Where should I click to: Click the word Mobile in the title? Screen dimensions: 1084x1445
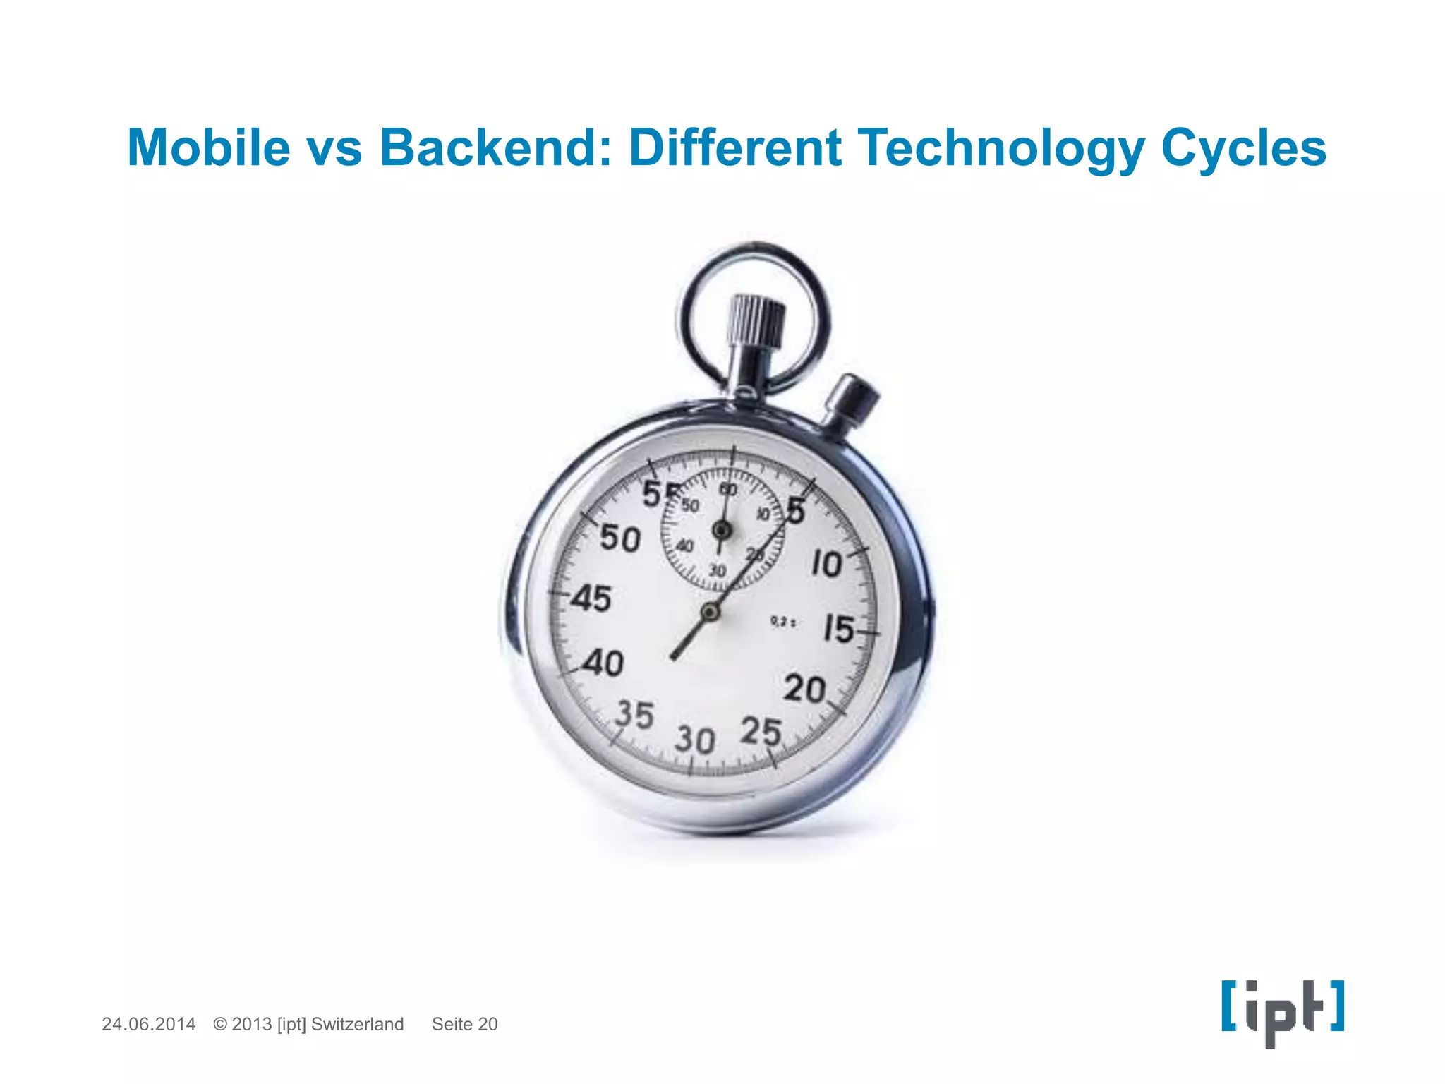[x=209, y=147]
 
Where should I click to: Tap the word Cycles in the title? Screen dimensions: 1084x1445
[x=1243, y=147]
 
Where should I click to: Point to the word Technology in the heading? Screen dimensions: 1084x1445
[x=1001, y=149]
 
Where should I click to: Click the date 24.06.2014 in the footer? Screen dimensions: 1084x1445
[x=149, y=1024]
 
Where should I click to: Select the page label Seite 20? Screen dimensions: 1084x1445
[x=464, y=1024]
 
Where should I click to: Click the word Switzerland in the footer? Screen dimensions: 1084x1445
[x=357, y=1024]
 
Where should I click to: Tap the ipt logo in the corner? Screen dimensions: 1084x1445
[x=1283, y=1011]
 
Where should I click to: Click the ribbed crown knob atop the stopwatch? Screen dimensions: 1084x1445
[x=757, y=321]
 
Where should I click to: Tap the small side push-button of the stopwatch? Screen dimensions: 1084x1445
[x=853, y=399]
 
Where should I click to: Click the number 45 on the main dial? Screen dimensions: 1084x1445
[x=591, y=598]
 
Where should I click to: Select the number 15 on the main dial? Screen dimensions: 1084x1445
[x=839, y=628]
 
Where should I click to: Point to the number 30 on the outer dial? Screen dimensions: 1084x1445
[x=695, y=740]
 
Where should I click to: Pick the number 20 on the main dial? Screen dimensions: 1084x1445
[x=804, y=689]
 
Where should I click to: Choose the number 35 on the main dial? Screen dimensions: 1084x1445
[x=634, y=714]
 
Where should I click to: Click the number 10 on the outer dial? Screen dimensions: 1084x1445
[x=826, y=564]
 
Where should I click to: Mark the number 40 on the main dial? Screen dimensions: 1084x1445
[x=603, y=663]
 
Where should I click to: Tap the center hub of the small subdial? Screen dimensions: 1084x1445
[x=721, y=529]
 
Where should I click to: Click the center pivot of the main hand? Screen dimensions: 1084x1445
[x=710, y=612]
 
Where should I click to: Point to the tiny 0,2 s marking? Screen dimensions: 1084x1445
[x=783, y=622]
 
